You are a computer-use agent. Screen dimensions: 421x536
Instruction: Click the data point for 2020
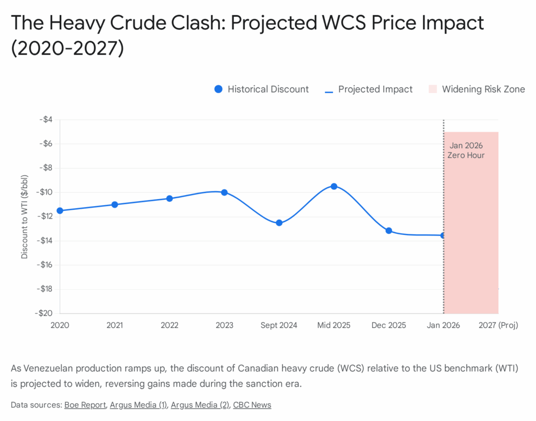pyautogui.click(x=60, y=211)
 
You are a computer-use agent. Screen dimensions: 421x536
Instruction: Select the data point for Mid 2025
pyautogui.click(x=334, y=186)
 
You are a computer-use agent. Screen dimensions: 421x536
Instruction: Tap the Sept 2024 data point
pyautogui.click(x=279, y=223)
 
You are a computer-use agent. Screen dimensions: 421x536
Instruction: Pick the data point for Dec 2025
pyautogui.click(x=389, y=231)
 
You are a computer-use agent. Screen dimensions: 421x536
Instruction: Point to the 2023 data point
pyautogui.click(x=225, y=192)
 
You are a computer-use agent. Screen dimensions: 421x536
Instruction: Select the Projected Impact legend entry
pyautogui.click(x=369, y=89)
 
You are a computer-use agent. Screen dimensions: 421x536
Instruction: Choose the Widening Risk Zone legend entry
pyautogui.click(x=476, y=89)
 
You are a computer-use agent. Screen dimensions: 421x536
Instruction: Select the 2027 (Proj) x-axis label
pyautogui.click(x=498, y=325)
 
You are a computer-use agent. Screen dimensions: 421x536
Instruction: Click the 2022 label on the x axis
pyautogui.click(x=170, y=325)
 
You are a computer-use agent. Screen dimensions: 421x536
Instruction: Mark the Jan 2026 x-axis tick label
pyautogui.click(x=443, y=325)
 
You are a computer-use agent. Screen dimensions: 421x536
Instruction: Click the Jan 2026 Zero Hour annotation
pyautogui.click(x=466, y=151)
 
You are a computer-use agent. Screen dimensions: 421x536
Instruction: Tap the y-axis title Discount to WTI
pyautogui.click(x=25, y=216)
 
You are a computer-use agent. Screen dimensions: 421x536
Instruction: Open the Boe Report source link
pyautogui.click(x=85, y=405)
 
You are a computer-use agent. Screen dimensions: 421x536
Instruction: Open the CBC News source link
pyautogui.click(x=252, y=405)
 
